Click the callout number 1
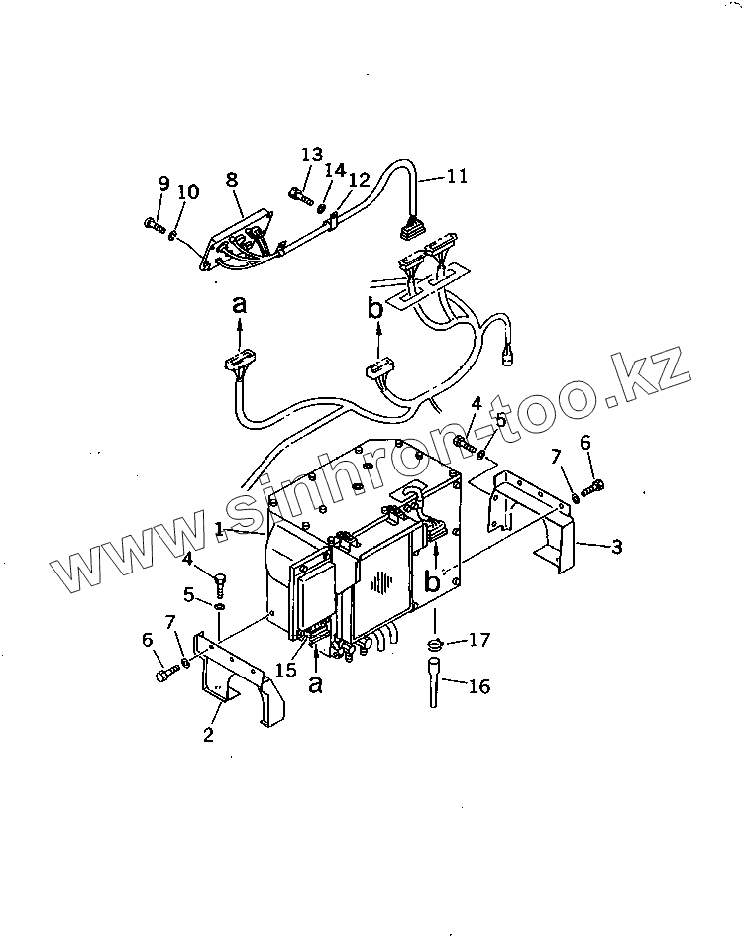pos(220,529)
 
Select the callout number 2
pos(209,734)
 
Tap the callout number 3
pos(616,546)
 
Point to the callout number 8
pos(232,181)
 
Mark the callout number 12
pos(359,180)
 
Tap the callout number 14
pos(335,170)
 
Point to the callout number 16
pos(478,686)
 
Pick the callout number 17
pos(478,640)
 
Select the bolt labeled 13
pos(300,194)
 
